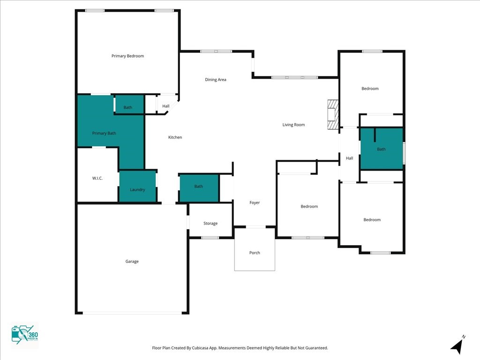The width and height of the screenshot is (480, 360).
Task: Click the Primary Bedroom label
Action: [127, 56]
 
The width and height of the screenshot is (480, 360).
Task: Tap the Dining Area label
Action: [216, 80]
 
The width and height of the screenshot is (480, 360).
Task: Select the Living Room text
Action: [293, 125]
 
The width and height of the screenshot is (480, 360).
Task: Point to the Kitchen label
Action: [175, 137]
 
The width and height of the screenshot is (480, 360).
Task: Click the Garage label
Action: [132, 262]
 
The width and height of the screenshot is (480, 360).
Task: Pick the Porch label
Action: [255, 253]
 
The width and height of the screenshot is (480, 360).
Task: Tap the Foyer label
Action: [255, 202]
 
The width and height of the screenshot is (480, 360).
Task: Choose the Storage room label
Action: [210, 224]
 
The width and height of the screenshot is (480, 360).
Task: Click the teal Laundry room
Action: [137, 186]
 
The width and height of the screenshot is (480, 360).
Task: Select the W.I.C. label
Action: [97, 178]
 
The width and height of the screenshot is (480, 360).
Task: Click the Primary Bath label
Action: [104, 133]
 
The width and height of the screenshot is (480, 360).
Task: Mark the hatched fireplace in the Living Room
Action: [333, 114]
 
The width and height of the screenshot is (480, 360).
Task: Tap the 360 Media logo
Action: [25, 335]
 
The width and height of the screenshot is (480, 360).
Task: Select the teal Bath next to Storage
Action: [199, 188]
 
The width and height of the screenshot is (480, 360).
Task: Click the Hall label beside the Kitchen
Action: [166, 106]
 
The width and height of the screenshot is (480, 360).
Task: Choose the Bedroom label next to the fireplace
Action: [370, 89]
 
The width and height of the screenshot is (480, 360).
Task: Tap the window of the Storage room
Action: [210, 238]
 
